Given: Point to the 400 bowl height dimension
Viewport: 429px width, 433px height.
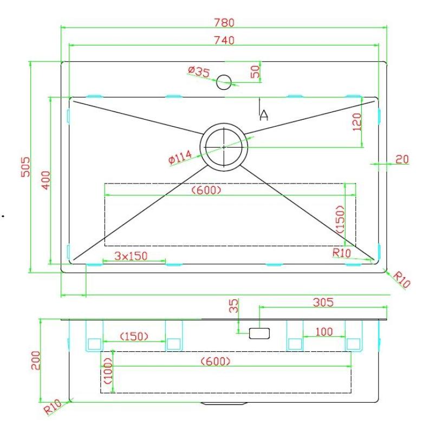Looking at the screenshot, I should pyautogui.click(x=45, y=180).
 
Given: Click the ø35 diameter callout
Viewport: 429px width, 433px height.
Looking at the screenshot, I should pyautogui.click(x=199, y=71).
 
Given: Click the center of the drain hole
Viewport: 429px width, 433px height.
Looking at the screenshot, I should pyautogui.click(x=224, y=146).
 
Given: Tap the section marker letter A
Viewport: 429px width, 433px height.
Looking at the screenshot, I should pyautogui.click(x=264, y=114).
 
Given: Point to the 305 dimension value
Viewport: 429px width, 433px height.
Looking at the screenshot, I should pyautogui.click(x=323, y=302).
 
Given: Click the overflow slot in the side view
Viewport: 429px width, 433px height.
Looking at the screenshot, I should pyautogui.click(x=259, y=333).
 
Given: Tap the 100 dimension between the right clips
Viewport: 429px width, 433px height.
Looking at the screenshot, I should pyautogui.click(x=324, y=332).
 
